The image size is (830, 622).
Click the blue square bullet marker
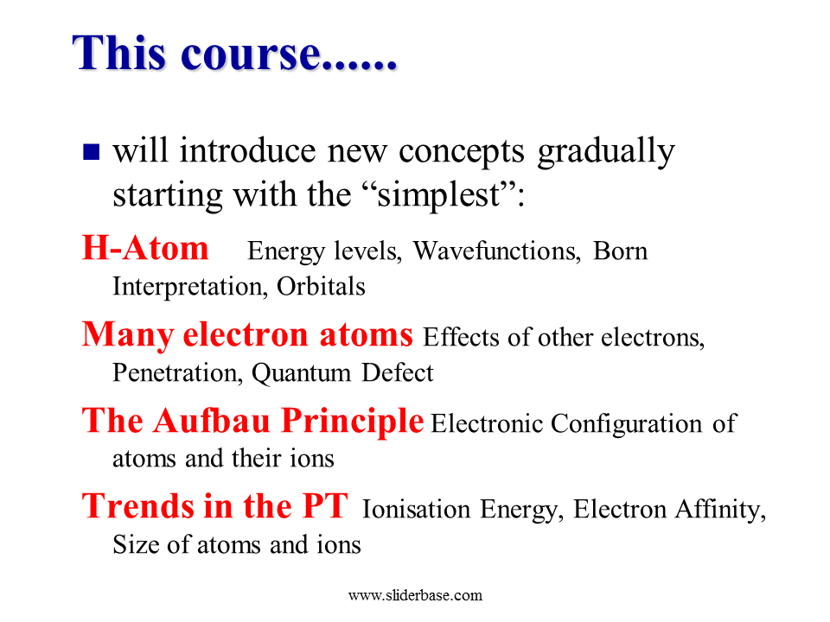91,152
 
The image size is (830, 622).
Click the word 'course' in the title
251,54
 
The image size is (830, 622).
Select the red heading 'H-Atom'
145,248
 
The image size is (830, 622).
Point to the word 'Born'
620,251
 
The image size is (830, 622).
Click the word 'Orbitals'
321,286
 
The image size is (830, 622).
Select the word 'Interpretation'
188,287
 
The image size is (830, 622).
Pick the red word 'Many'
128,335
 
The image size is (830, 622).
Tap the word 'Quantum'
301,373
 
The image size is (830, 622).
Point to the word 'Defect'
398,372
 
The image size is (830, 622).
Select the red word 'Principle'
353,422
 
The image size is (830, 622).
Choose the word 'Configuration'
626,424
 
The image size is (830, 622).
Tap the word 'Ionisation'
416,510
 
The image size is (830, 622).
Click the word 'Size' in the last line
136,544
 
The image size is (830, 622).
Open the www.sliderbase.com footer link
416,595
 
